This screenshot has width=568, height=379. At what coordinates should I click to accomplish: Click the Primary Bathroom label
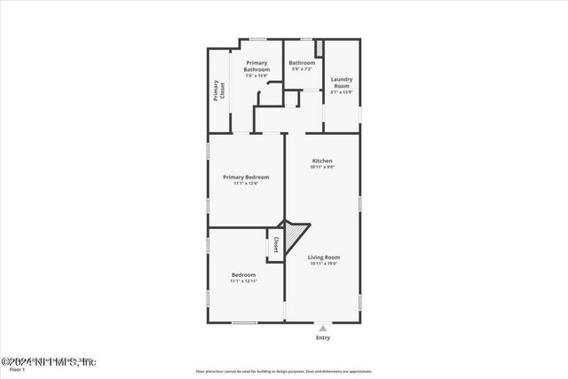point(257,66)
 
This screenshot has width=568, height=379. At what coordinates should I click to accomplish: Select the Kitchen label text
point(322,161)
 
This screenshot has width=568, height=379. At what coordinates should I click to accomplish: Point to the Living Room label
point(323,257)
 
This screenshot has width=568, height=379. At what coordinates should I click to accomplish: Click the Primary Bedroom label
point(246,177)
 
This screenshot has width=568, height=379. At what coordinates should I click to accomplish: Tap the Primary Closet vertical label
point(218,91)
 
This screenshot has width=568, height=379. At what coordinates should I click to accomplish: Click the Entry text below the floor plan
point(323,338)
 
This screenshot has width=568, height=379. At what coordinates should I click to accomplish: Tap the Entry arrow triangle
point(323,327)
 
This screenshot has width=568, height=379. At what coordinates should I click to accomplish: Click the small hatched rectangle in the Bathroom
point(318,49)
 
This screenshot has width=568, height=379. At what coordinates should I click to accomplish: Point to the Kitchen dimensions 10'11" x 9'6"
point(322,167)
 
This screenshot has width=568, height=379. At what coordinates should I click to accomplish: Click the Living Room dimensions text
point(323,264)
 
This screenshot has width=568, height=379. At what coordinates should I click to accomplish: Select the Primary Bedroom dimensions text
point(246,184)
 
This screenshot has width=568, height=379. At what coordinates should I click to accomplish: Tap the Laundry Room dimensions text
point(342,91)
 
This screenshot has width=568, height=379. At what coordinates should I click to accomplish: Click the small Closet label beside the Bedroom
point(276,245)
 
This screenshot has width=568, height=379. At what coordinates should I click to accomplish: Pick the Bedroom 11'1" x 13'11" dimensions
point(244,281)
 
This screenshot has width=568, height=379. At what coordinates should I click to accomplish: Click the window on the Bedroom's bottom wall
point(245,321)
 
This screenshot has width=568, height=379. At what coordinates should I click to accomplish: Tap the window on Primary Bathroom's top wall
point(258,38)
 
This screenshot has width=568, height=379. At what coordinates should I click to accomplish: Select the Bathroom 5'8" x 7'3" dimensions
point(301,69)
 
